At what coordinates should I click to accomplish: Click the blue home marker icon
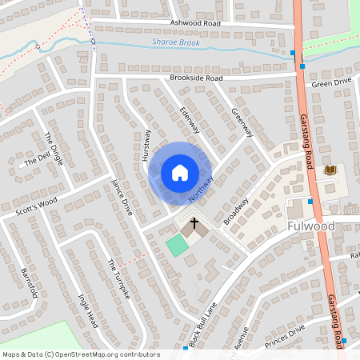[x=180, y=172]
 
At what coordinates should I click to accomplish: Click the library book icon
[x=329, y=170]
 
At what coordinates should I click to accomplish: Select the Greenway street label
[x=242, y=122]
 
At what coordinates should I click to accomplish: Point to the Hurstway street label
[x=146, y=146]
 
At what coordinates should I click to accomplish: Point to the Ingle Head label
[x=87, y=311]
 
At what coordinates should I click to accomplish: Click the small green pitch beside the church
[x=174, y=244]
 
